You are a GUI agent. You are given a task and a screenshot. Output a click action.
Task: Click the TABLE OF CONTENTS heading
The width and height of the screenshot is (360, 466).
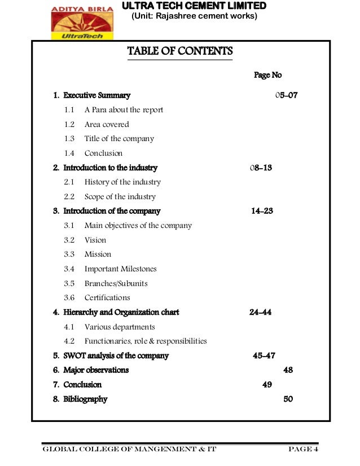click(180, 52)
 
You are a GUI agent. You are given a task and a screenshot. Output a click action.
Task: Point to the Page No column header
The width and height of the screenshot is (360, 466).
click(267, 75)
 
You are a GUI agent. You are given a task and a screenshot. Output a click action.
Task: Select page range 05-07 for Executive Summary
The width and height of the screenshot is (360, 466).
click(286, 95)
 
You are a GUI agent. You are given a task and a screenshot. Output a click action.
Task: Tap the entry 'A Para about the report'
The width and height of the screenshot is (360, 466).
click(124, 110)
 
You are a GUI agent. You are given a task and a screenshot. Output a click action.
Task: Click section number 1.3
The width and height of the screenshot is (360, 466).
click(69, 139)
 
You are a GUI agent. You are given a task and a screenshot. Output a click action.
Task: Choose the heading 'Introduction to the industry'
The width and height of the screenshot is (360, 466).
click(110, 168)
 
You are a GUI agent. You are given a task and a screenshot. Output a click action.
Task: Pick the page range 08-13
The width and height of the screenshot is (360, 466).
click(261, 168)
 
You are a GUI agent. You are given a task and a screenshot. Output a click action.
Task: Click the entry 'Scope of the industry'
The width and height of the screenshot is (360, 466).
click(120, 197)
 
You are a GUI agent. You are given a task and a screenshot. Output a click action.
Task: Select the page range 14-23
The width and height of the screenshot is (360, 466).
click(262, 211)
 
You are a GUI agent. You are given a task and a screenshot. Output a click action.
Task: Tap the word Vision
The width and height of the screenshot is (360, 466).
click(95, 240)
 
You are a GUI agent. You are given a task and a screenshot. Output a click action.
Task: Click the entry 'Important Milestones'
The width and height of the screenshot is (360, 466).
click(121, 269)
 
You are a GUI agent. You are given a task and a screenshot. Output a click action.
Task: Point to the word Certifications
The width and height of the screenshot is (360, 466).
click(107, 298)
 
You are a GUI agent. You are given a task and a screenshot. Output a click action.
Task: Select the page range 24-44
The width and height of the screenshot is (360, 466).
click(260, 312)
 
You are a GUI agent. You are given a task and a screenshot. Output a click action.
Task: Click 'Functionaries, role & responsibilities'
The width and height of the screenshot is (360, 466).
click(146, 341)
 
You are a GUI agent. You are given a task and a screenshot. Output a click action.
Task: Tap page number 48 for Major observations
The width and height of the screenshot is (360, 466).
click(288, 370)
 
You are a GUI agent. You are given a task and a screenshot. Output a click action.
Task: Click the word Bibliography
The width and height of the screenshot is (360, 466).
click(85, 399)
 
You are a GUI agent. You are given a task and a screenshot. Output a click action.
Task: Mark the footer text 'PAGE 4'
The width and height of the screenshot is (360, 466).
click(303, 450)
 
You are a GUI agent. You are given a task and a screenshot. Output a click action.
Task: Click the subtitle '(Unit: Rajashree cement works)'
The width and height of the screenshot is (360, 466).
click(194, 16)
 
